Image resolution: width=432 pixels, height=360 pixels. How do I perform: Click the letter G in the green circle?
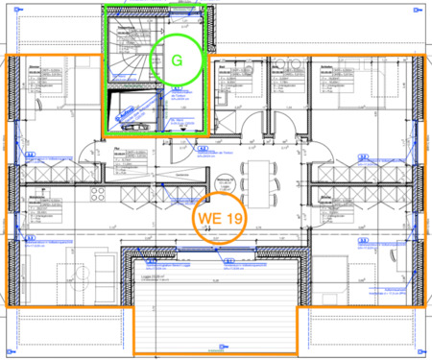pyautogui.click(x=176, y=60)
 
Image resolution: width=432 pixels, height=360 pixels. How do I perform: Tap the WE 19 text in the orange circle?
pyautogui.click(x=220, y=219)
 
